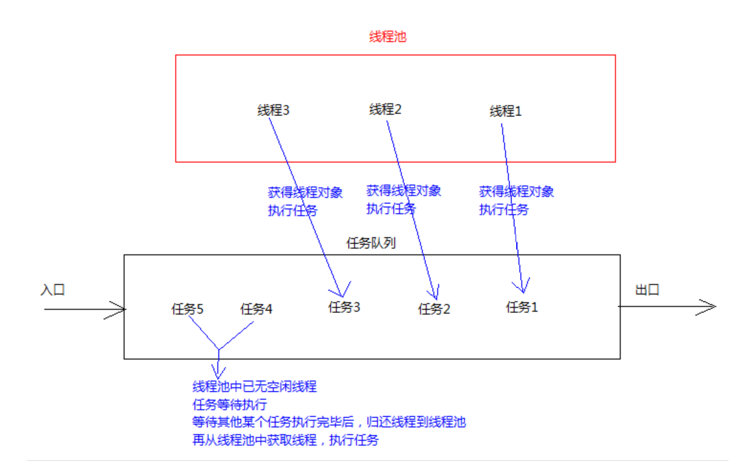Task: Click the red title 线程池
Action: pyautogui.click(x=387, y=37)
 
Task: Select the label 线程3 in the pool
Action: pyautogui.click(x=273, y=110)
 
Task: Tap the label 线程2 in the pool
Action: pyautogui.click(x=385, y=110)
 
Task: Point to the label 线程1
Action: pyautogui.click(x=505, y=112)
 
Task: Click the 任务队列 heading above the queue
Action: pyautogui.click(x=370, y=244)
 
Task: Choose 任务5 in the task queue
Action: pyautogui.click(x=187, y=310)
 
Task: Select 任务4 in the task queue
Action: pyautogui.click(x=256, y=310)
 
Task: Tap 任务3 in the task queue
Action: pyautogui.click(x=344, y=308)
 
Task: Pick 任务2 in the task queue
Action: pyautogui.click(x=434, y=310)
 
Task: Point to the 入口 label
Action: pyautogui.click(x=52, y=290)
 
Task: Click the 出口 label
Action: pyautogui.click(x=647, y=290)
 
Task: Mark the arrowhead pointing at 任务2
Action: pyautogui.click(x=435, y=294)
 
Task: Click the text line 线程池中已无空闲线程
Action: pyautogui.click(x=255, y=386)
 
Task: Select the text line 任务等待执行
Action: pyautogui.click(x=229, y=404)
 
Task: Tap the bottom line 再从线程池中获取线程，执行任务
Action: pyautogui.click(x=286, y=440)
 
